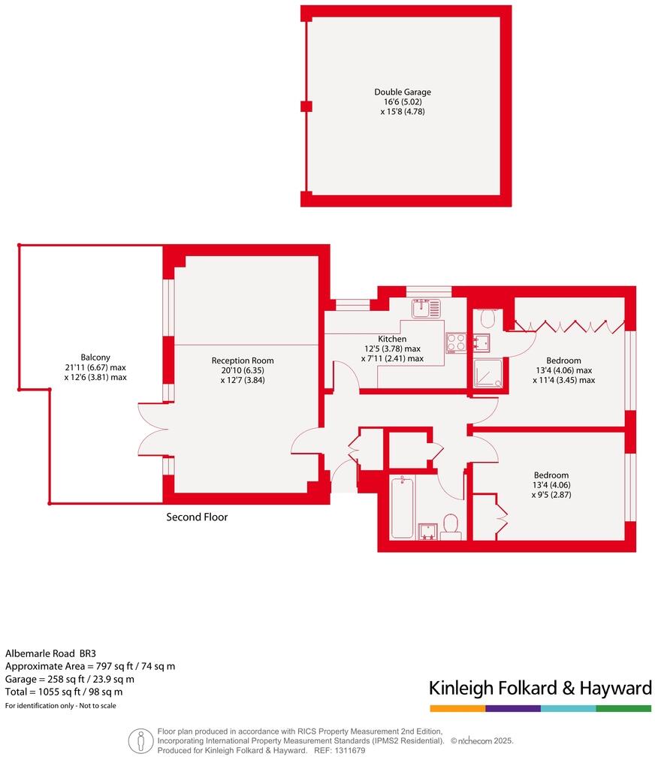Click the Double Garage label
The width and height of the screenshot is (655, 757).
pyautogui.click(x=403, y=92)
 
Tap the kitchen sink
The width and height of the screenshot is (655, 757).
pyautogui.click(x=425, y=307)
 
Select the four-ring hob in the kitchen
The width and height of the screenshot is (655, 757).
pyautogui.click(x=455, y=342)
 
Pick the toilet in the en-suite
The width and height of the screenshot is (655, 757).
pyautogui.click(x=487, y=318)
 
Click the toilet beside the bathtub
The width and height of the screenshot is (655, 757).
pyautogui.click(x=451, y=525)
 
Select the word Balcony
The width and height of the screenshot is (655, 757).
pyautogui.click(x=95, y=357)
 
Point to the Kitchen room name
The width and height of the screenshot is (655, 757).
pyautogui.click(x=392, y=339)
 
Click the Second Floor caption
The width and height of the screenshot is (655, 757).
pyautogui.click(x=197, y=517)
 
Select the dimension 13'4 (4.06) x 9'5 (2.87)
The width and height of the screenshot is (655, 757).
pyautogui.click(x=551, y=490)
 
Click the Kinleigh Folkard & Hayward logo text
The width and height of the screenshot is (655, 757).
pyautogui.click(x=539, y=688)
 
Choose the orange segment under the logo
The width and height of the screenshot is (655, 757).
pyautogui.click(x=457, y=708)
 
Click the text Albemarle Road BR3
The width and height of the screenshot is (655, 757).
pyautogui.click(x=51, y=653)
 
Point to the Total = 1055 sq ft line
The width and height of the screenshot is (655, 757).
pyautogui.click(x=64, y=692)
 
